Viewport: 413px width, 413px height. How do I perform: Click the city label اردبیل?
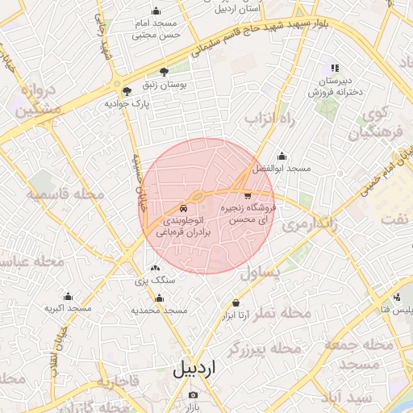[194, 369]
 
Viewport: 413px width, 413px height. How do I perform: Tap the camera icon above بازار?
[193, 395]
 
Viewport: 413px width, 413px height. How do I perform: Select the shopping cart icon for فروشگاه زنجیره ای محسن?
[248, 195]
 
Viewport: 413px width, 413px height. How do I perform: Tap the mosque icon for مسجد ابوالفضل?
[282, 156]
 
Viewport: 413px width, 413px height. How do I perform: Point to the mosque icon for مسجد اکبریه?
[68, 296]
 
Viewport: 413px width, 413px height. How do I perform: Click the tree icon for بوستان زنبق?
[165, 72]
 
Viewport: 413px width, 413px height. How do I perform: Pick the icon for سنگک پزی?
[155, 268]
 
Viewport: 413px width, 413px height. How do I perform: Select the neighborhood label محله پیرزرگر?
[264, 348]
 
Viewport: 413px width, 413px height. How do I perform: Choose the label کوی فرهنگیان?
[373, 122]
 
